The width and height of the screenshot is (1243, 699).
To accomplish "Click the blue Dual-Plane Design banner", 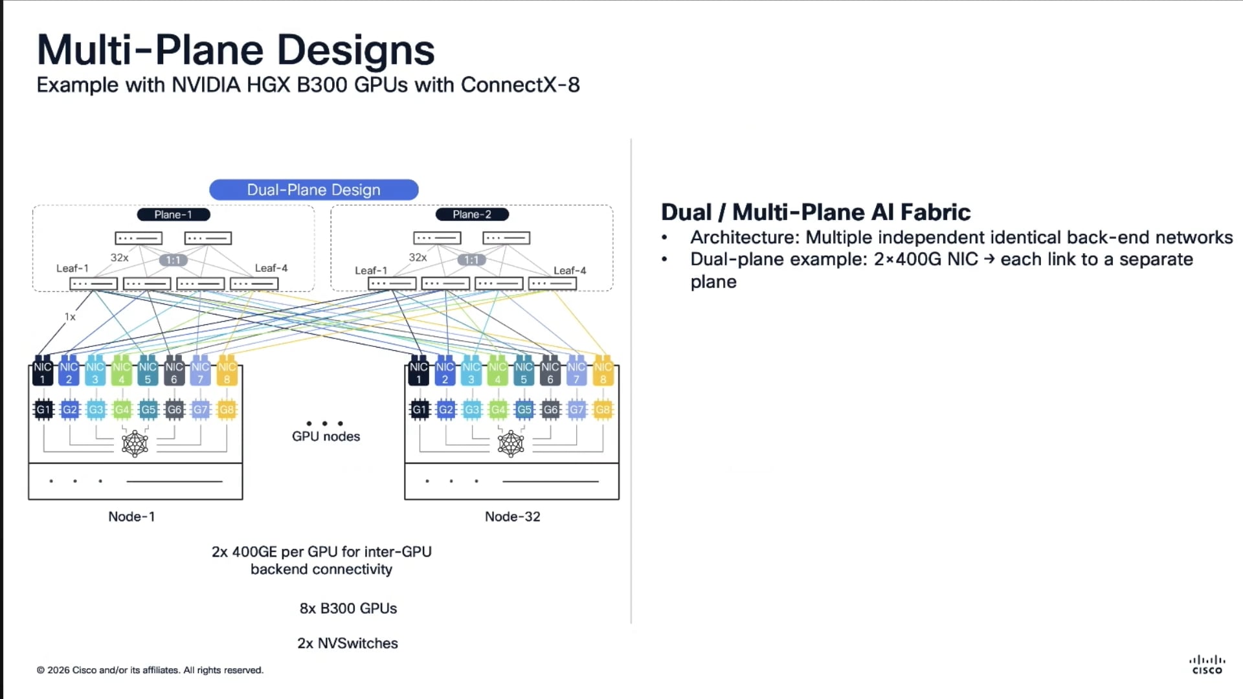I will point(313,190).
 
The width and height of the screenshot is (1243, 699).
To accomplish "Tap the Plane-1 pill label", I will point(173,214).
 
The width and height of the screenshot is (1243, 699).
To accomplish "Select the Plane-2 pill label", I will point(471,214).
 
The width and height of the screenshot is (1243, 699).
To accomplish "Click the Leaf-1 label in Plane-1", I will point(72,268).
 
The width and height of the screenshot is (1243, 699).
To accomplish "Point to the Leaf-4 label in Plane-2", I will point(570,271).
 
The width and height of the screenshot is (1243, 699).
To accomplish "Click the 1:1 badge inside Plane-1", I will point(173,260).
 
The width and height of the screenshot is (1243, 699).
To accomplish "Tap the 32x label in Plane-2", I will point(418,258).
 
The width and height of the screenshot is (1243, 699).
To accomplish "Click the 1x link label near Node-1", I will point(70,317).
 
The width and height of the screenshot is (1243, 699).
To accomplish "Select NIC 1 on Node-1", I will point(43,372).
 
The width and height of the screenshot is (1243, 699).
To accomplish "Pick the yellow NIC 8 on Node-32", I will point(603,372).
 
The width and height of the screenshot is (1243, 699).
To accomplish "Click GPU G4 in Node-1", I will point(122,410).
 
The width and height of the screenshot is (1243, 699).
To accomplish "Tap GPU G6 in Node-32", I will point(550,410).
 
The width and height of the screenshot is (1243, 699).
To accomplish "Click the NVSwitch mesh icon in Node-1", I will point(135,444).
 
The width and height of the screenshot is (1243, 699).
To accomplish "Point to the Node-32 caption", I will point(512,516).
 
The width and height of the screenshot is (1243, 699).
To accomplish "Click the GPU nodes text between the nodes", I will point(326,436).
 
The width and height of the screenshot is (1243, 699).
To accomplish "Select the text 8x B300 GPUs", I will point(348,608).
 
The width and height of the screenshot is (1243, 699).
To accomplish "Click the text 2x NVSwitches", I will point(347,643).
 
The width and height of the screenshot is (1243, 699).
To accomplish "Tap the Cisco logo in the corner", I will point(1207,665).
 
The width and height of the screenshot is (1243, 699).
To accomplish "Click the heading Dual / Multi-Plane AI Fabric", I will point(815,212).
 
